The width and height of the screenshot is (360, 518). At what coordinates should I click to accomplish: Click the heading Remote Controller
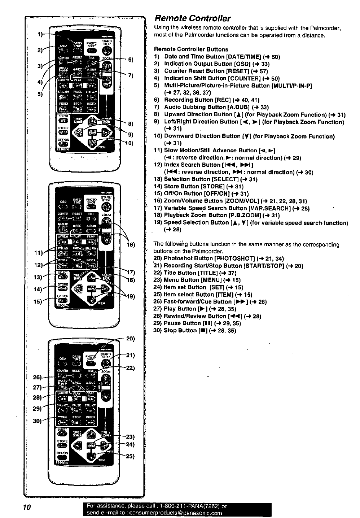coord(192,18)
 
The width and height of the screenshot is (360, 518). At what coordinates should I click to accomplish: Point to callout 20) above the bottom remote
coord(130,339)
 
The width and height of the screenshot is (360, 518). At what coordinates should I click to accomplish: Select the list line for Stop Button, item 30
coord(195,330)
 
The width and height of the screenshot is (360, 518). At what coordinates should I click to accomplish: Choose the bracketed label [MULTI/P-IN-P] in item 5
coord(291,86)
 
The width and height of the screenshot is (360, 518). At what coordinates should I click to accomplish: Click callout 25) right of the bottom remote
coord(130,456)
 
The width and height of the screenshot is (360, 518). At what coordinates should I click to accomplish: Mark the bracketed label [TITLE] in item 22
coord(203,273)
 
